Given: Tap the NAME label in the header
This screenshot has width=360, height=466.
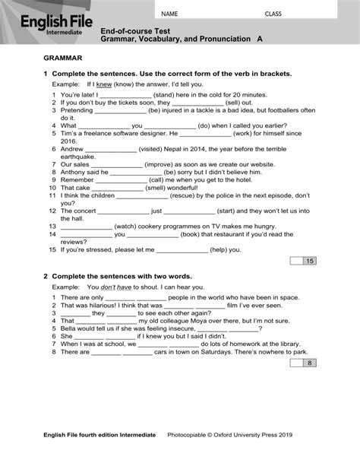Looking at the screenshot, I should point(169,14).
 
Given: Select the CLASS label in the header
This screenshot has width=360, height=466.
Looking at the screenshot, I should point(273,14).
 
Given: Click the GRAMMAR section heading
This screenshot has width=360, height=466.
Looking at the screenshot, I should point(64,59).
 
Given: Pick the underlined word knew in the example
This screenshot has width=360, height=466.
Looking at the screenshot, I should point(104,84).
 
